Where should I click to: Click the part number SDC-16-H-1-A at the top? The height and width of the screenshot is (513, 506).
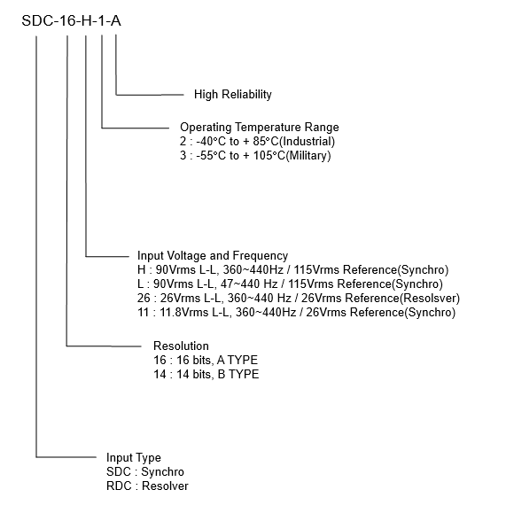72,21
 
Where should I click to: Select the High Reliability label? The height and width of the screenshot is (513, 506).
233,95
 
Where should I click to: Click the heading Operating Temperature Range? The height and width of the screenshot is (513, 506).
260,127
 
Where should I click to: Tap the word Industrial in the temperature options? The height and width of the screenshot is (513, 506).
308,142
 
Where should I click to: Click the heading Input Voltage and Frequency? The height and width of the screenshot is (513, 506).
213,255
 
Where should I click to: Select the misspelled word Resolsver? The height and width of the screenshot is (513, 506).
430,298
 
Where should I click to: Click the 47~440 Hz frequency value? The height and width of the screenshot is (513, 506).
249,284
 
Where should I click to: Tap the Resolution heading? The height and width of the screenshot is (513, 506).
181,346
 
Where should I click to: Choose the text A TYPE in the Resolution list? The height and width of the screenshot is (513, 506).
237,361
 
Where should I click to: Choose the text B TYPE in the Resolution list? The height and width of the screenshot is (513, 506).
238,374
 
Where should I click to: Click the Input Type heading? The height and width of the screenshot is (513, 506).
134,458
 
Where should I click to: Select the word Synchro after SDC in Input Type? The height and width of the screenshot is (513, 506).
163,471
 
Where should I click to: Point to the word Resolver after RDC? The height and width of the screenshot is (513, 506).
166,486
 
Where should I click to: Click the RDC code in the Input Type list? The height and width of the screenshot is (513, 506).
119,486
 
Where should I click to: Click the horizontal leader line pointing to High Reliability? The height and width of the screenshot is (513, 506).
150,95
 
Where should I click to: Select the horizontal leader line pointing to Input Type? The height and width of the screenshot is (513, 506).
66,457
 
